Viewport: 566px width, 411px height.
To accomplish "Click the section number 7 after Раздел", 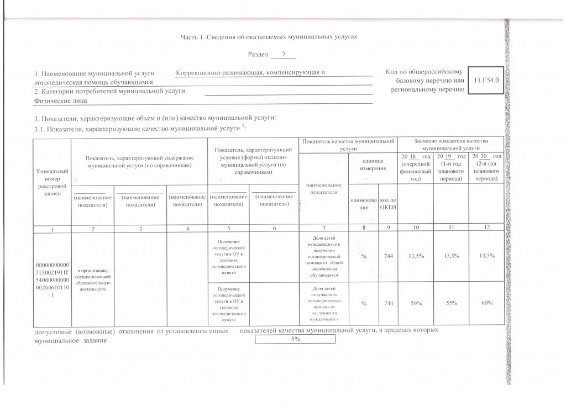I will click(x=283, y=55).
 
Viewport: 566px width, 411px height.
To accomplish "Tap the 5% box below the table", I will click(x=295, y=339).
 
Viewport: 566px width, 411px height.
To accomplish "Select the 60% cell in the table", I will click(x=486, y=304).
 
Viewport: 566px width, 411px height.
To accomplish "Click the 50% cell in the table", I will click(x=415, y=304).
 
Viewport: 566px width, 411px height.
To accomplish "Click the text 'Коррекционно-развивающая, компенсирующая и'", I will click(x=250, y=73).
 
